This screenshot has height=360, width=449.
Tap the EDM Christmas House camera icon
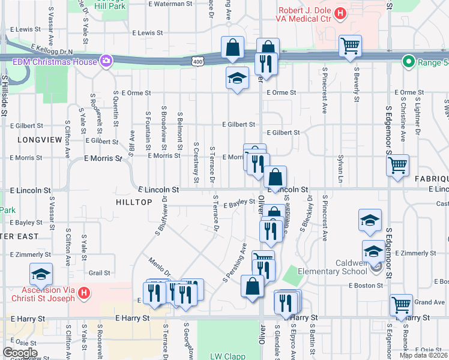[106, 60]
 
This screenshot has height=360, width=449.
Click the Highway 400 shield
[198, 61]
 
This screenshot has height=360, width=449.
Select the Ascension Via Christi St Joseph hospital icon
[85, 293]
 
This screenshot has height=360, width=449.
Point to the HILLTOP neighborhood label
[134, 203]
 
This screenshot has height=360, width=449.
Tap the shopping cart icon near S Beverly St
[350, 46]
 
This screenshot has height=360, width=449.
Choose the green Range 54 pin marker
[408, 61]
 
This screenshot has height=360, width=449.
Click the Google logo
[20, 352]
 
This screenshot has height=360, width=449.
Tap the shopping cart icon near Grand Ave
[401, 304]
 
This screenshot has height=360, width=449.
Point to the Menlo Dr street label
[161, 265]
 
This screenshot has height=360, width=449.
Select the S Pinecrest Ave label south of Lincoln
[325, 217]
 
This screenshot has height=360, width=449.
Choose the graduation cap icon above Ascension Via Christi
[41, 275]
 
